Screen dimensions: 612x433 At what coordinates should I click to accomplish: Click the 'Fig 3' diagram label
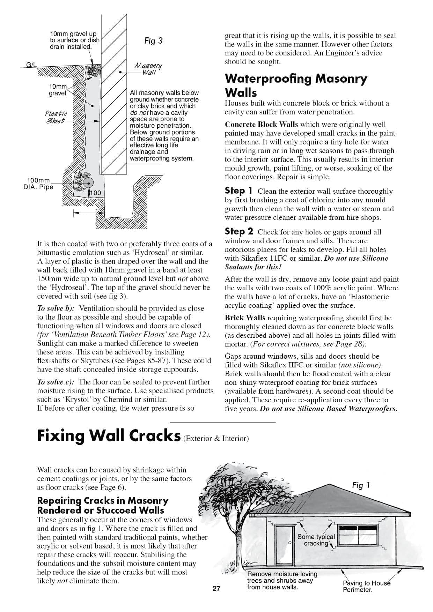153,41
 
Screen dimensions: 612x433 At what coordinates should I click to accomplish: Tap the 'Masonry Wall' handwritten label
148,69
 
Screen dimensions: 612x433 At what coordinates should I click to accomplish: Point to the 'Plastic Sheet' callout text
56,117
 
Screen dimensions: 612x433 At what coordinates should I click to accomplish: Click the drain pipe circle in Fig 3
88,183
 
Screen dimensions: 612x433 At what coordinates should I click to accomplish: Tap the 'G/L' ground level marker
31,65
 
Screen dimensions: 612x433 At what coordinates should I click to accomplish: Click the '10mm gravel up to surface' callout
74,40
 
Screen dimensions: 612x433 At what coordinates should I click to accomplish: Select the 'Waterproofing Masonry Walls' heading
295,85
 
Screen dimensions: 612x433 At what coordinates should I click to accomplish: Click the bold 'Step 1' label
238,191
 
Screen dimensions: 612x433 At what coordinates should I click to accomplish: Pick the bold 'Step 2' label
239,231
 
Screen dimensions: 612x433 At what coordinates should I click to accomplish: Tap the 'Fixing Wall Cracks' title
109,436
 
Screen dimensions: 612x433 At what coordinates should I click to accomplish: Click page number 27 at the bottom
216,589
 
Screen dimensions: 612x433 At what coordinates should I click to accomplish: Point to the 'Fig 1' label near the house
361,485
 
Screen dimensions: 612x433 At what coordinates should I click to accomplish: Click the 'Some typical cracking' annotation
316,540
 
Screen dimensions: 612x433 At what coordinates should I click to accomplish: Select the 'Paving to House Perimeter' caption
366,586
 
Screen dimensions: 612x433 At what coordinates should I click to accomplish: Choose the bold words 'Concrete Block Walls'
261,125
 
